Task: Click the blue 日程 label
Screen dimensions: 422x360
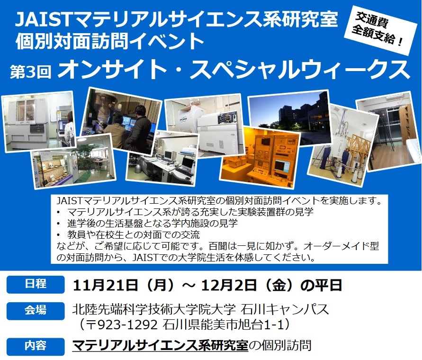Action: [x=36, y=284]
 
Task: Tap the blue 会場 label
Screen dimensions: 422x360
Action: [x=36, y=311]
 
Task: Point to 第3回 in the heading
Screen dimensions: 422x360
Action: [x=30, y=72]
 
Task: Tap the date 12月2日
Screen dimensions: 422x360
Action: [x=229, y=285]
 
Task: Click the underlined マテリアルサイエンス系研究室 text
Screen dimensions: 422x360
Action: [x=160, y=345]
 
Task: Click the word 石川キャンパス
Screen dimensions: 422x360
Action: [x=285, y=309]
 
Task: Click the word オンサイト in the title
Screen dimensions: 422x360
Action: [x=111, y=70]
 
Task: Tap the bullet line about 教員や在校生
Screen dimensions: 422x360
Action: [x=128, y=235]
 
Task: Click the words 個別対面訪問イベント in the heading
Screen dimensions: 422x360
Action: [x=109, y=41]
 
